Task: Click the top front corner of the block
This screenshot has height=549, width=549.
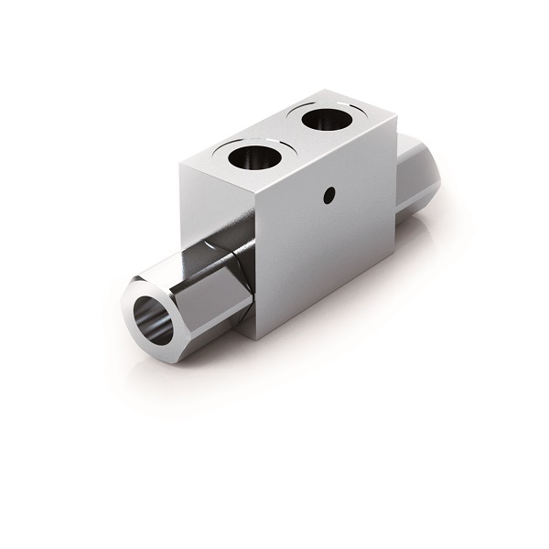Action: click(255, 196)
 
